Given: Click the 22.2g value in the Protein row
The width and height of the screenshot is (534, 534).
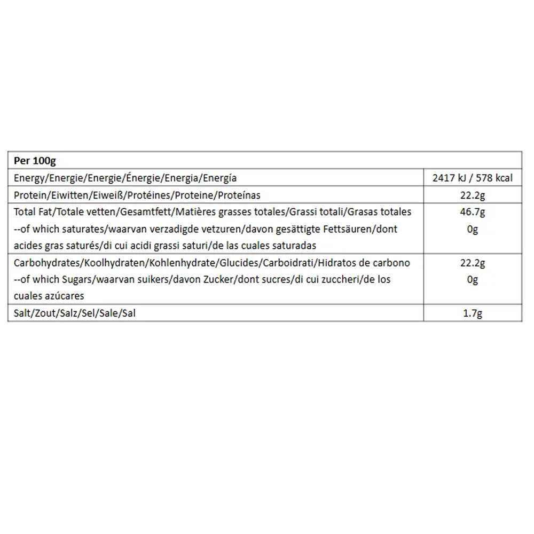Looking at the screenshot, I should tap(472, 195).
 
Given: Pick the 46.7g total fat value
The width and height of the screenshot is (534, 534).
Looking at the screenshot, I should tap(472, 212).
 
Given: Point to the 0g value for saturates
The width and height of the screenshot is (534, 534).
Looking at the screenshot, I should tap(472, 229).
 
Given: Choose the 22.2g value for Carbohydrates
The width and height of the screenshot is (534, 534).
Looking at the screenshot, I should tap(472, 263).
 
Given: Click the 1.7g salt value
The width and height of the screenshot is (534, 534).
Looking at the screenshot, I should tap(472, 313).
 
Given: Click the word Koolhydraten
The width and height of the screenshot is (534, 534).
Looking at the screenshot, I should tap(120, 263).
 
